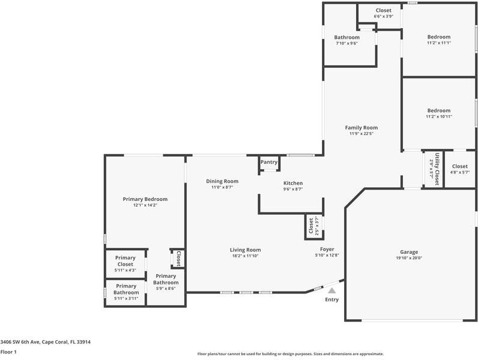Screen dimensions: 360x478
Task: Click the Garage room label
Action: tap(409, 252)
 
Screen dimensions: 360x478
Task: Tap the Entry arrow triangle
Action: tap(331, 290)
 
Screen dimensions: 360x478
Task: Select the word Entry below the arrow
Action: tap(331, 299)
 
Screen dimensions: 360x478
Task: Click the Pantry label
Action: tap(269, 162)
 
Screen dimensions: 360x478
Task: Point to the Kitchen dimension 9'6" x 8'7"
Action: tap(293, 189)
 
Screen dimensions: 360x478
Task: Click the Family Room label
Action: tap(361, 127)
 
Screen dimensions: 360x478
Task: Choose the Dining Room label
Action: tap(222, 181)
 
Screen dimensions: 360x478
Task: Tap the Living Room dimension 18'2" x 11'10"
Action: tap(245, 256)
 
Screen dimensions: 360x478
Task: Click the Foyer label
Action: tap(327, 249)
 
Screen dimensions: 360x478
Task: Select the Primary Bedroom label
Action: tap(145, 199)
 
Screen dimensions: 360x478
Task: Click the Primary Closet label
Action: tap(126, 261)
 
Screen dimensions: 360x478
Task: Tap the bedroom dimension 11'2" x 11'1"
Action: tap(438, 43)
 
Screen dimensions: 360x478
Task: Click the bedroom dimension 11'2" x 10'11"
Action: tap(438, 116)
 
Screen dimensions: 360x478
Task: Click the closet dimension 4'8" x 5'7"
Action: tap(459, 172)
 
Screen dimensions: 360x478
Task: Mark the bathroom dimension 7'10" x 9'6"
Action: tap(346, 43)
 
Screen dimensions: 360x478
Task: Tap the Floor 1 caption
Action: tap(8, 352)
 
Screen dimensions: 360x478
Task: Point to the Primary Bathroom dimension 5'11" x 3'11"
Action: tap(126, 298)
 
